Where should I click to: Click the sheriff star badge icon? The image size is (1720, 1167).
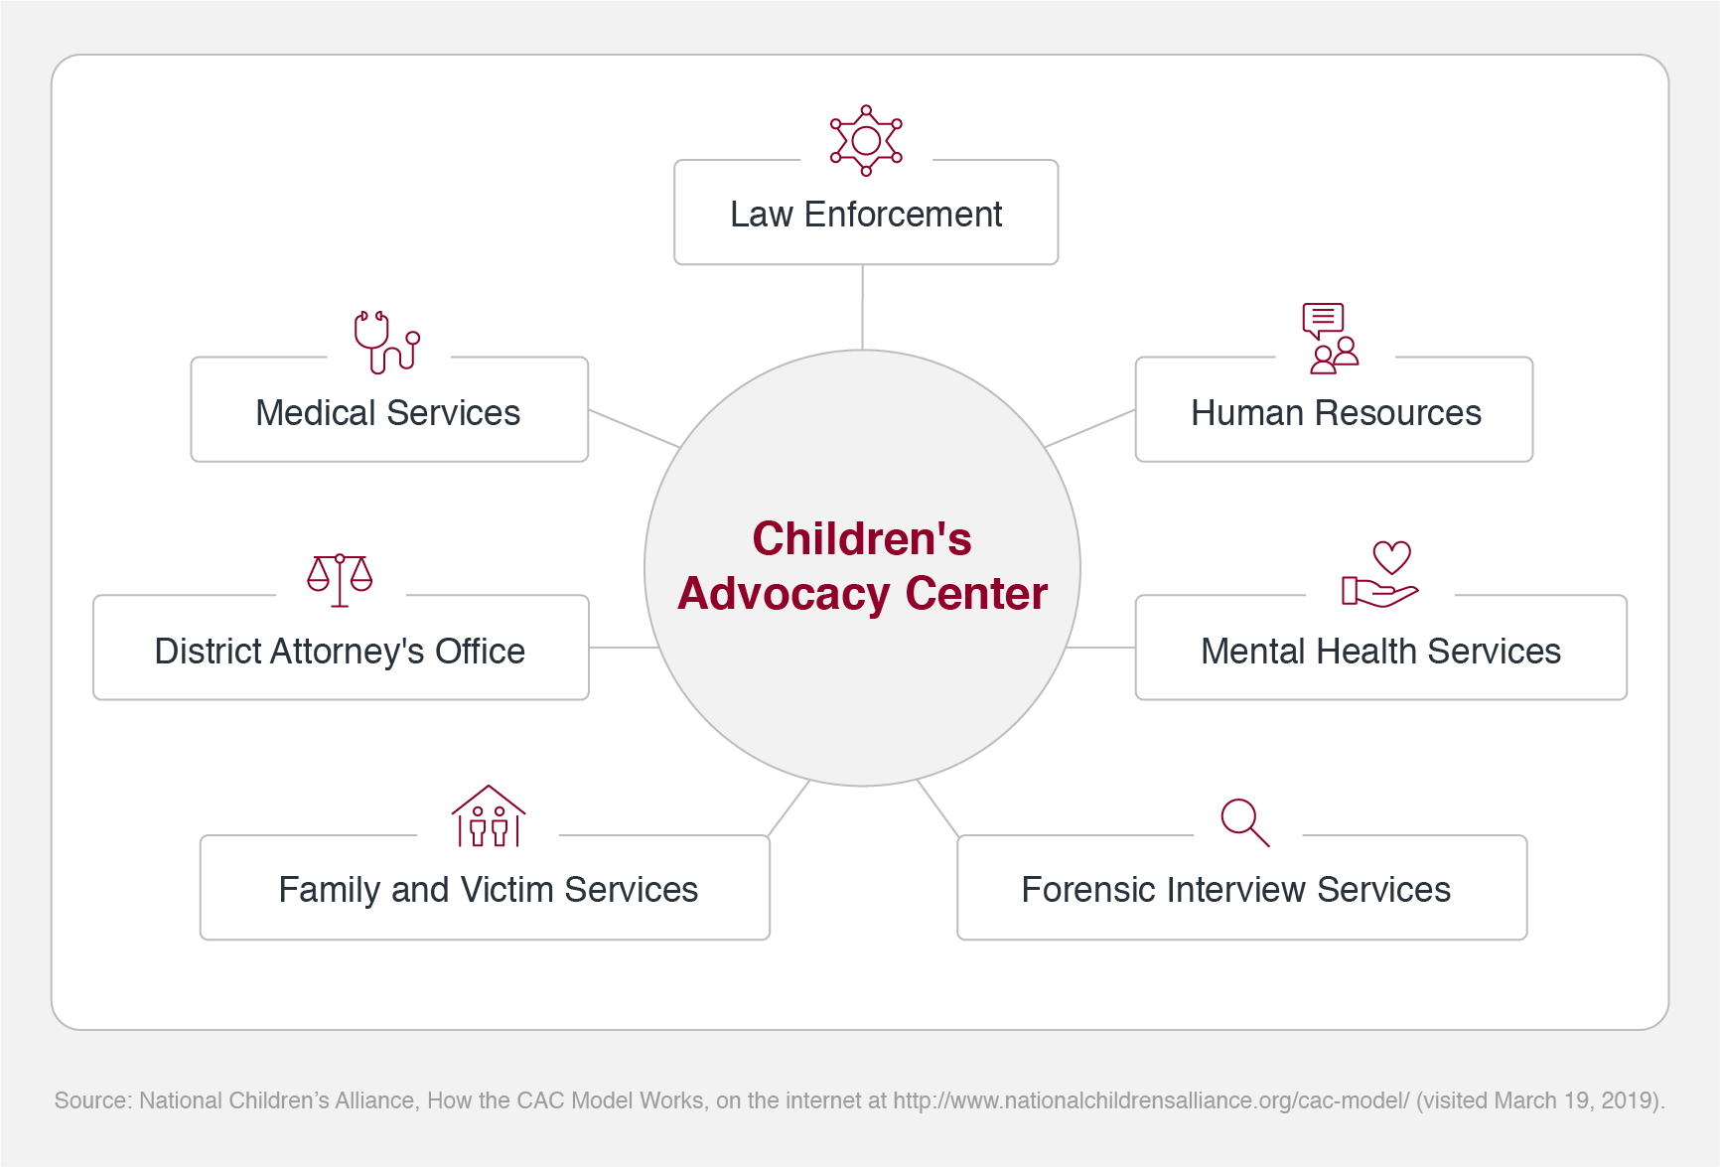pos(866,140)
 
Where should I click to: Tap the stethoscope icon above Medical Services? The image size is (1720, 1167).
pos(386,342)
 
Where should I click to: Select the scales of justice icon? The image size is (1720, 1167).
pos(340,579)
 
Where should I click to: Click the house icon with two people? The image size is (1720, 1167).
pos(489,816)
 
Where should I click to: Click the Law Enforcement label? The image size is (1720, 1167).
pos(866,215)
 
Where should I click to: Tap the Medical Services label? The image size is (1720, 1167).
pos(388,413)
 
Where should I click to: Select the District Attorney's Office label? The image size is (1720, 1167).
pos(340,652)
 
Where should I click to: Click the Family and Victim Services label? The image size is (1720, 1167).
pos(488,890)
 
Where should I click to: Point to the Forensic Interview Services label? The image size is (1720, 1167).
pos(1235,890)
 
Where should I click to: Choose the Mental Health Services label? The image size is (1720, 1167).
pos(1380,652)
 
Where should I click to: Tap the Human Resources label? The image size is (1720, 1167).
pos(1336,413)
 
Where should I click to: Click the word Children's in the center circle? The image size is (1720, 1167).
pos(862,539)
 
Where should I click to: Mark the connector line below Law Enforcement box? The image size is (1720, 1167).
pos(862,307)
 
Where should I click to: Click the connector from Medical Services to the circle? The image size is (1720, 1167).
pos(634,428)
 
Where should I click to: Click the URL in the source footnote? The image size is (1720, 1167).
pos(1151,1100)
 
